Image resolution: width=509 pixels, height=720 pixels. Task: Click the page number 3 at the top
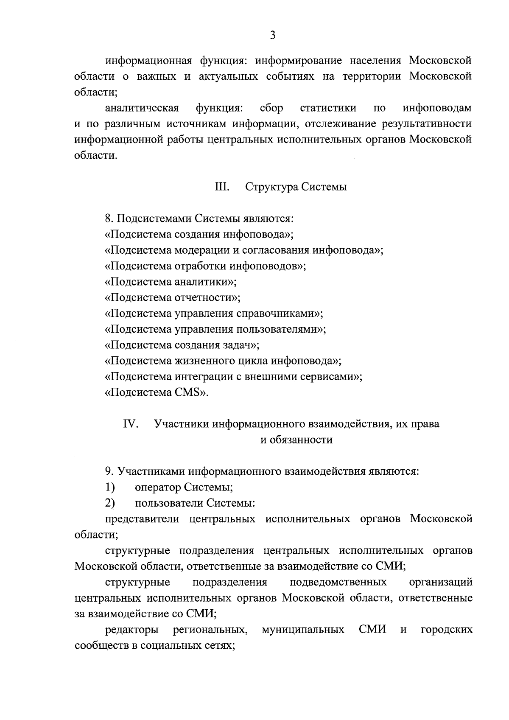point(273,36)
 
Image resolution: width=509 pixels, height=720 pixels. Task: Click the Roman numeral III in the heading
point(222,187)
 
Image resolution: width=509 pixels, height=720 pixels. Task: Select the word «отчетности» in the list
point(204,297)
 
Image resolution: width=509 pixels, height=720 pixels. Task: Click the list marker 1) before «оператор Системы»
point(110,487)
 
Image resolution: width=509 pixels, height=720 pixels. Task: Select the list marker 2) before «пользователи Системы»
point(110,503)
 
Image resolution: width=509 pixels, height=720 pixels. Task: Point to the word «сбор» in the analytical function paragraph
point(271,108)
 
